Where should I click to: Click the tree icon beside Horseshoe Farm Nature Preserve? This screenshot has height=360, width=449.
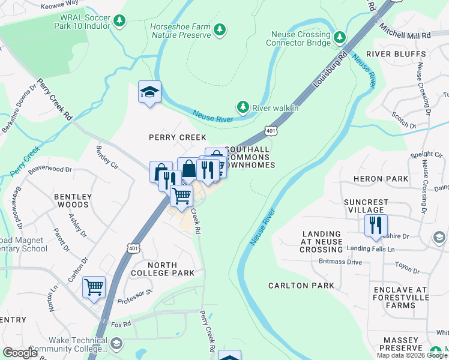click(220, 29)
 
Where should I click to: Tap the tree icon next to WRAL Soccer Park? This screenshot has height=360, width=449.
click(119, 21)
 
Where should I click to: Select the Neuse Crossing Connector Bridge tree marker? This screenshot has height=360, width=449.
click(340, 38)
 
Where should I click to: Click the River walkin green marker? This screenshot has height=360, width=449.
click(243, 107)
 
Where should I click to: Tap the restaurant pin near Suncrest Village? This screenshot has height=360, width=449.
click(376, 226)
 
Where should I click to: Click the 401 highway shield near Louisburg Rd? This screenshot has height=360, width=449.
click(270, 130)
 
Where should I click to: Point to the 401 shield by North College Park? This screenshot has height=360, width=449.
click(133, 247)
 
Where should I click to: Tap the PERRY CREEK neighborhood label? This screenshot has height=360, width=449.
click(177, 137)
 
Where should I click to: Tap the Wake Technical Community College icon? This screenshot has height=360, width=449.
click(116, 344)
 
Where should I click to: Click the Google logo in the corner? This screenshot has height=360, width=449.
click(20, 352)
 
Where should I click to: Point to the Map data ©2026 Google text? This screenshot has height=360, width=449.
click(412, 355)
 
